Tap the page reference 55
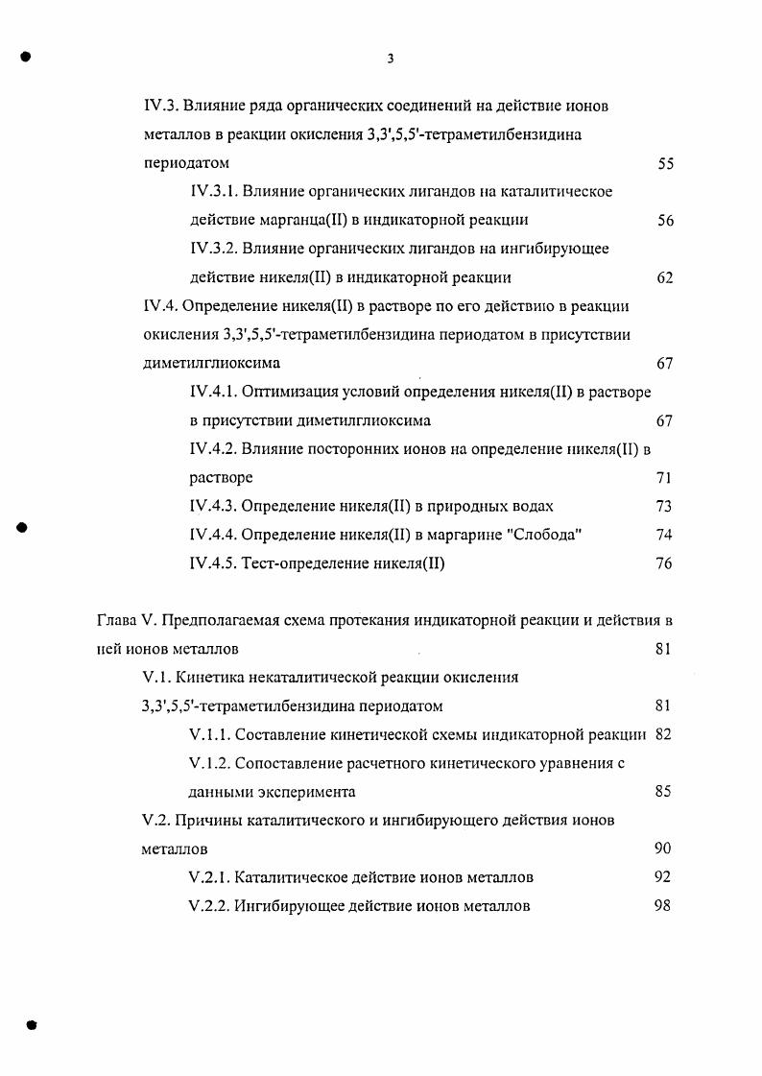click(665, 164)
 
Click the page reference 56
click(665, 221)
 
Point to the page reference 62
click(665, 278)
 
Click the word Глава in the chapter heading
click(117, 621)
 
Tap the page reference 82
click(662, 735)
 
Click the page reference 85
click(662, 792)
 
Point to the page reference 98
click(662, 906)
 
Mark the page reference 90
click(662, 849)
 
